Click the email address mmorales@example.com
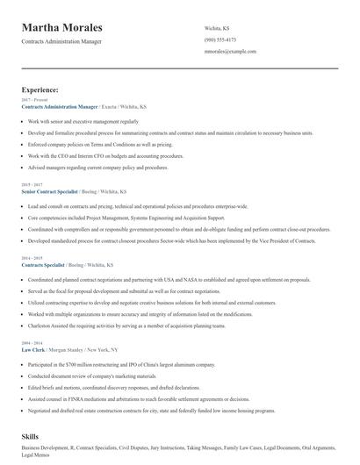229,52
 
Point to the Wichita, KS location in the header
217,29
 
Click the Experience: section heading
40,89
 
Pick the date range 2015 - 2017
31,184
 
